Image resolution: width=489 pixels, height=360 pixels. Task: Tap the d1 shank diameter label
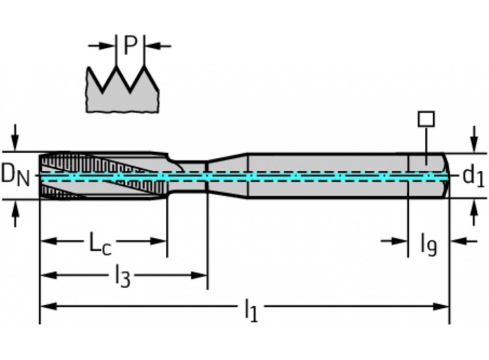473,176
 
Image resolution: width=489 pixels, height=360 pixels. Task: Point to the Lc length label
100,243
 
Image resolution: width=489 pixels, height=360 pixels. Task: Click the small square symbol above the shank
426,119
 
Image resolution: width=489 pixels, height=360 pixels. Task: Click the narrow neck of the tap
189,176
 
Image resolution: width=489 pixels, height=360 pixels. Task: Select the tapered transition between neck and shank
228,176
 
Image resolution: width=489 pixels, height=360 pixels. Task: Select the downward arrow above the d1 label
474,139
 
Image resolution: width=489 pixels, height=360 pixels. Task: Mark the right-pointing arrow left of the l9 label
394,241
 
